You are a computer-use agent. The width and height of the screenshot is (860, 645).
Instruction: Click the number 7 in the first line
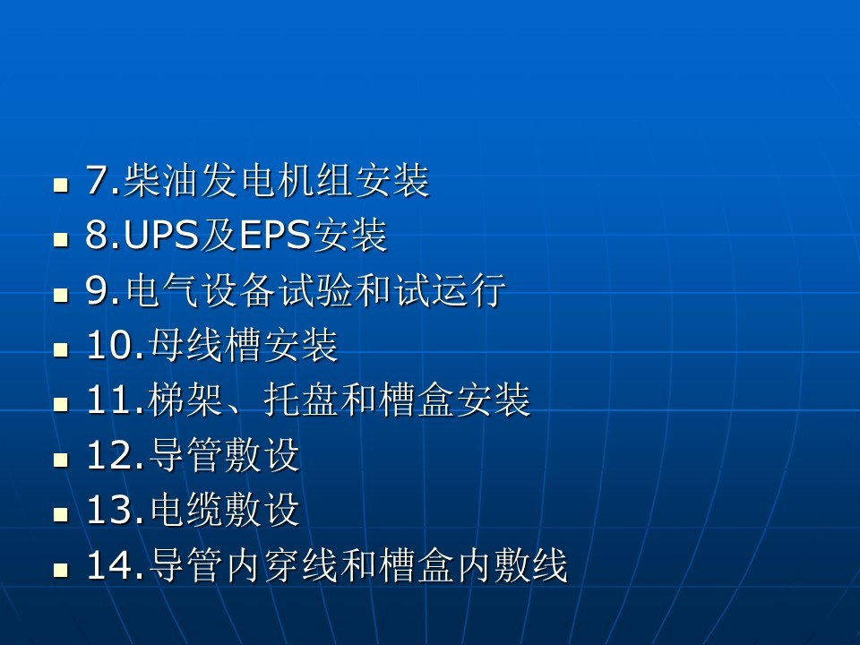click(x=96, y=181)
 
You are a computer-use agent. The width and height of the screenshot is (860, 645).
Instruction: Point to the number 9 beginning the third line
click(x=96, y=292)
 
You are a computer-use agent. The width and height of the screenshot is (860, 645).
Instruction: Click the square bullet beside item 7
click(x=61, y=186)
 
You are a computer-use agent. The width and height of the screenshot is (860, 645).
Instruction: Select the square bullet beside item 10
click(x=61, y=351)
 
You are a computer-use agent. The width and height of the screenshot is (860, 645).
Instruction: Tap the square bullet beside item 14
click(x=61, y=571)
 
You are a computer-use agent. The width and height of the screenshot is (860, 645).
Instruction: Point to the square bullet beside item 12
click(x=61, y=461)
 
